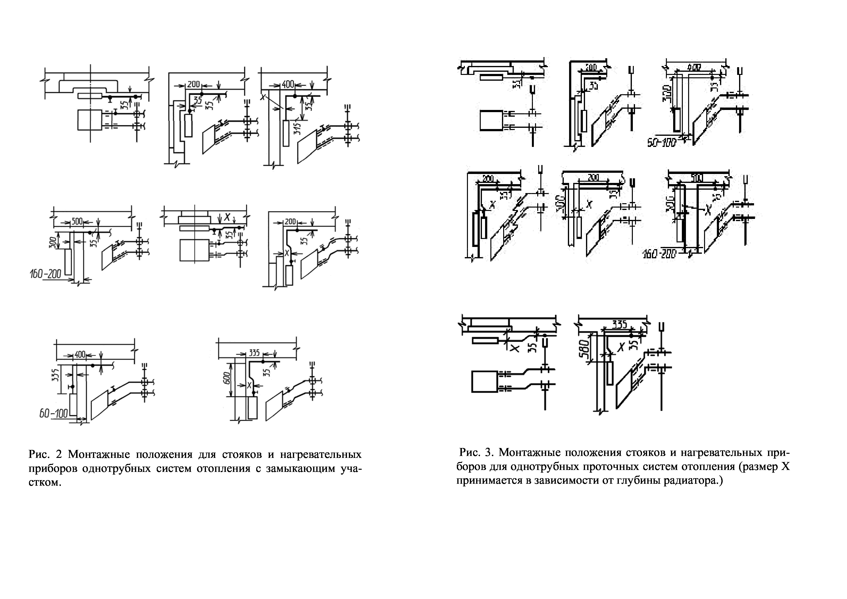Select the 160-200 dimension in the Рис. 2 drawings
(46, 274)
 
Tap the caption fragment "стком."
(44, 482)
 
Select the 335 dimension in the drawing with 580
(619, 325)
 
